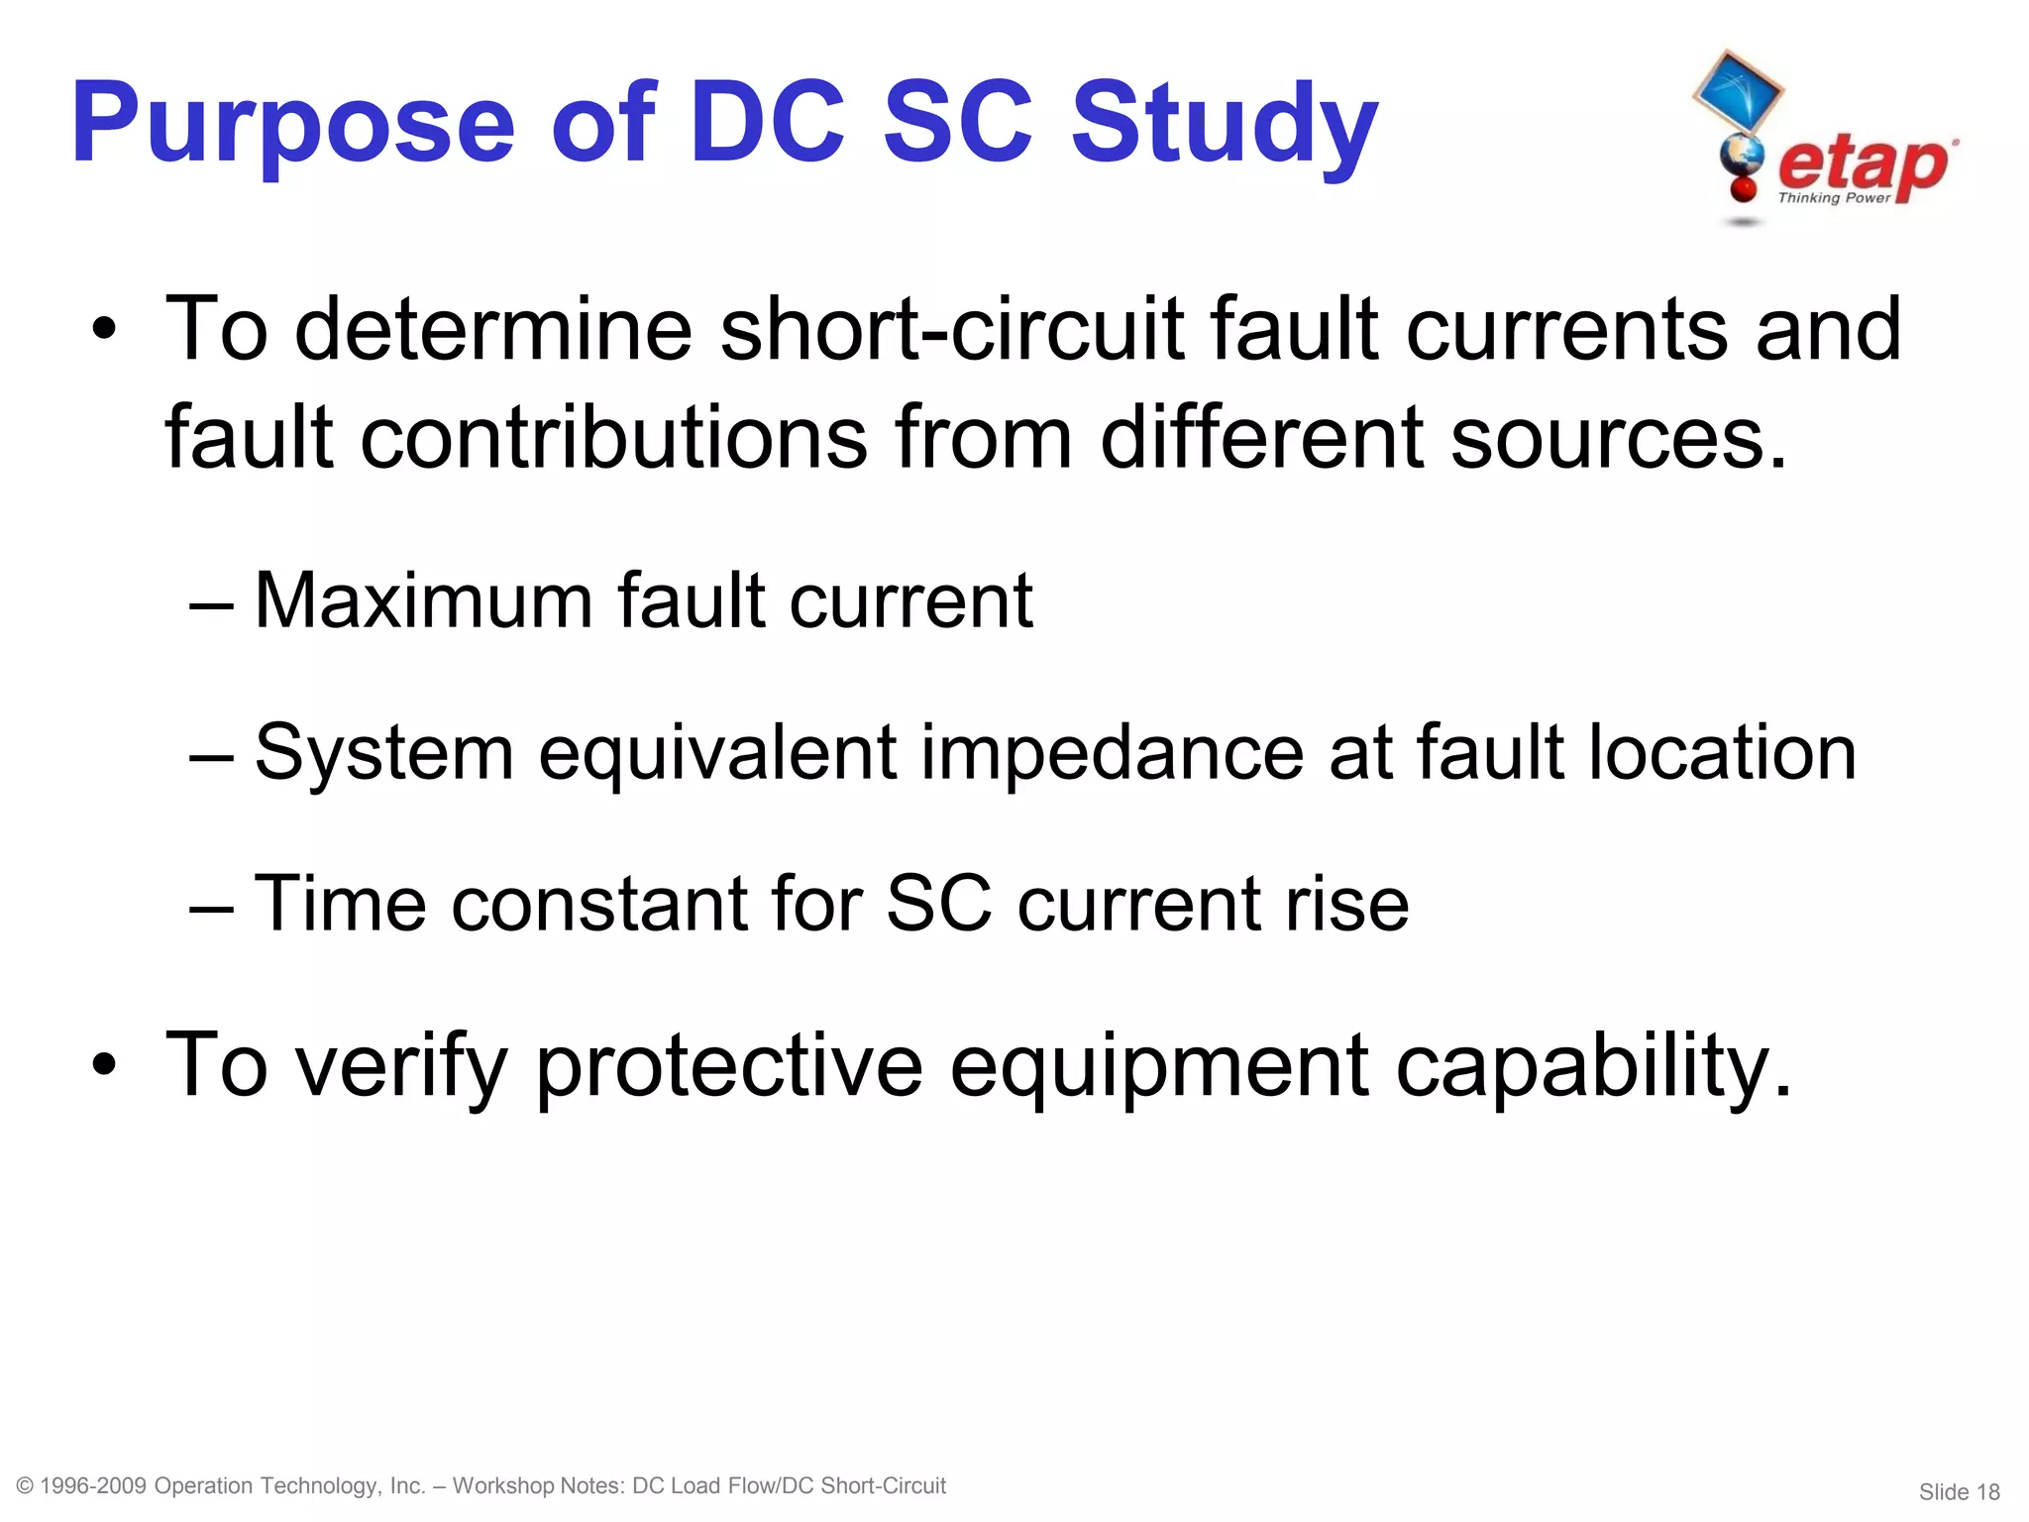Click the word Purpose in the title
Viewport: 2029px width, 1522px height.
[x=293, y=125]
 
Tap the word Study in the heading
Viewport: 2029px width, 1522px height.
[x=1225, y=125]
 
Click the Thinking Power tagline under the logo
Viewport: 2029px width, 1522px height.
[x=1834, y=198]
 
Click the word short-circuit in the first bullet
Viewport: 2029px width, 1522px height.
[x=951, y=329]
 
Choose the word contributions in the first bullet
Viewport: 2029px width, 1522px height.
[x=614, y=438]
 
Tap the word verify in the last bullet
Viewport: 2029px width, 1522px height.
[x=401, y=1066]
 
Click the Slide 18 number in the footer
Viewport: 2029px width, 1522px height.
[x=1959, y=1491]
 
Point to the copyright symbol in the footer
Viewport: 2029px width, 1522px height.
[x=26, y=1486]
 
